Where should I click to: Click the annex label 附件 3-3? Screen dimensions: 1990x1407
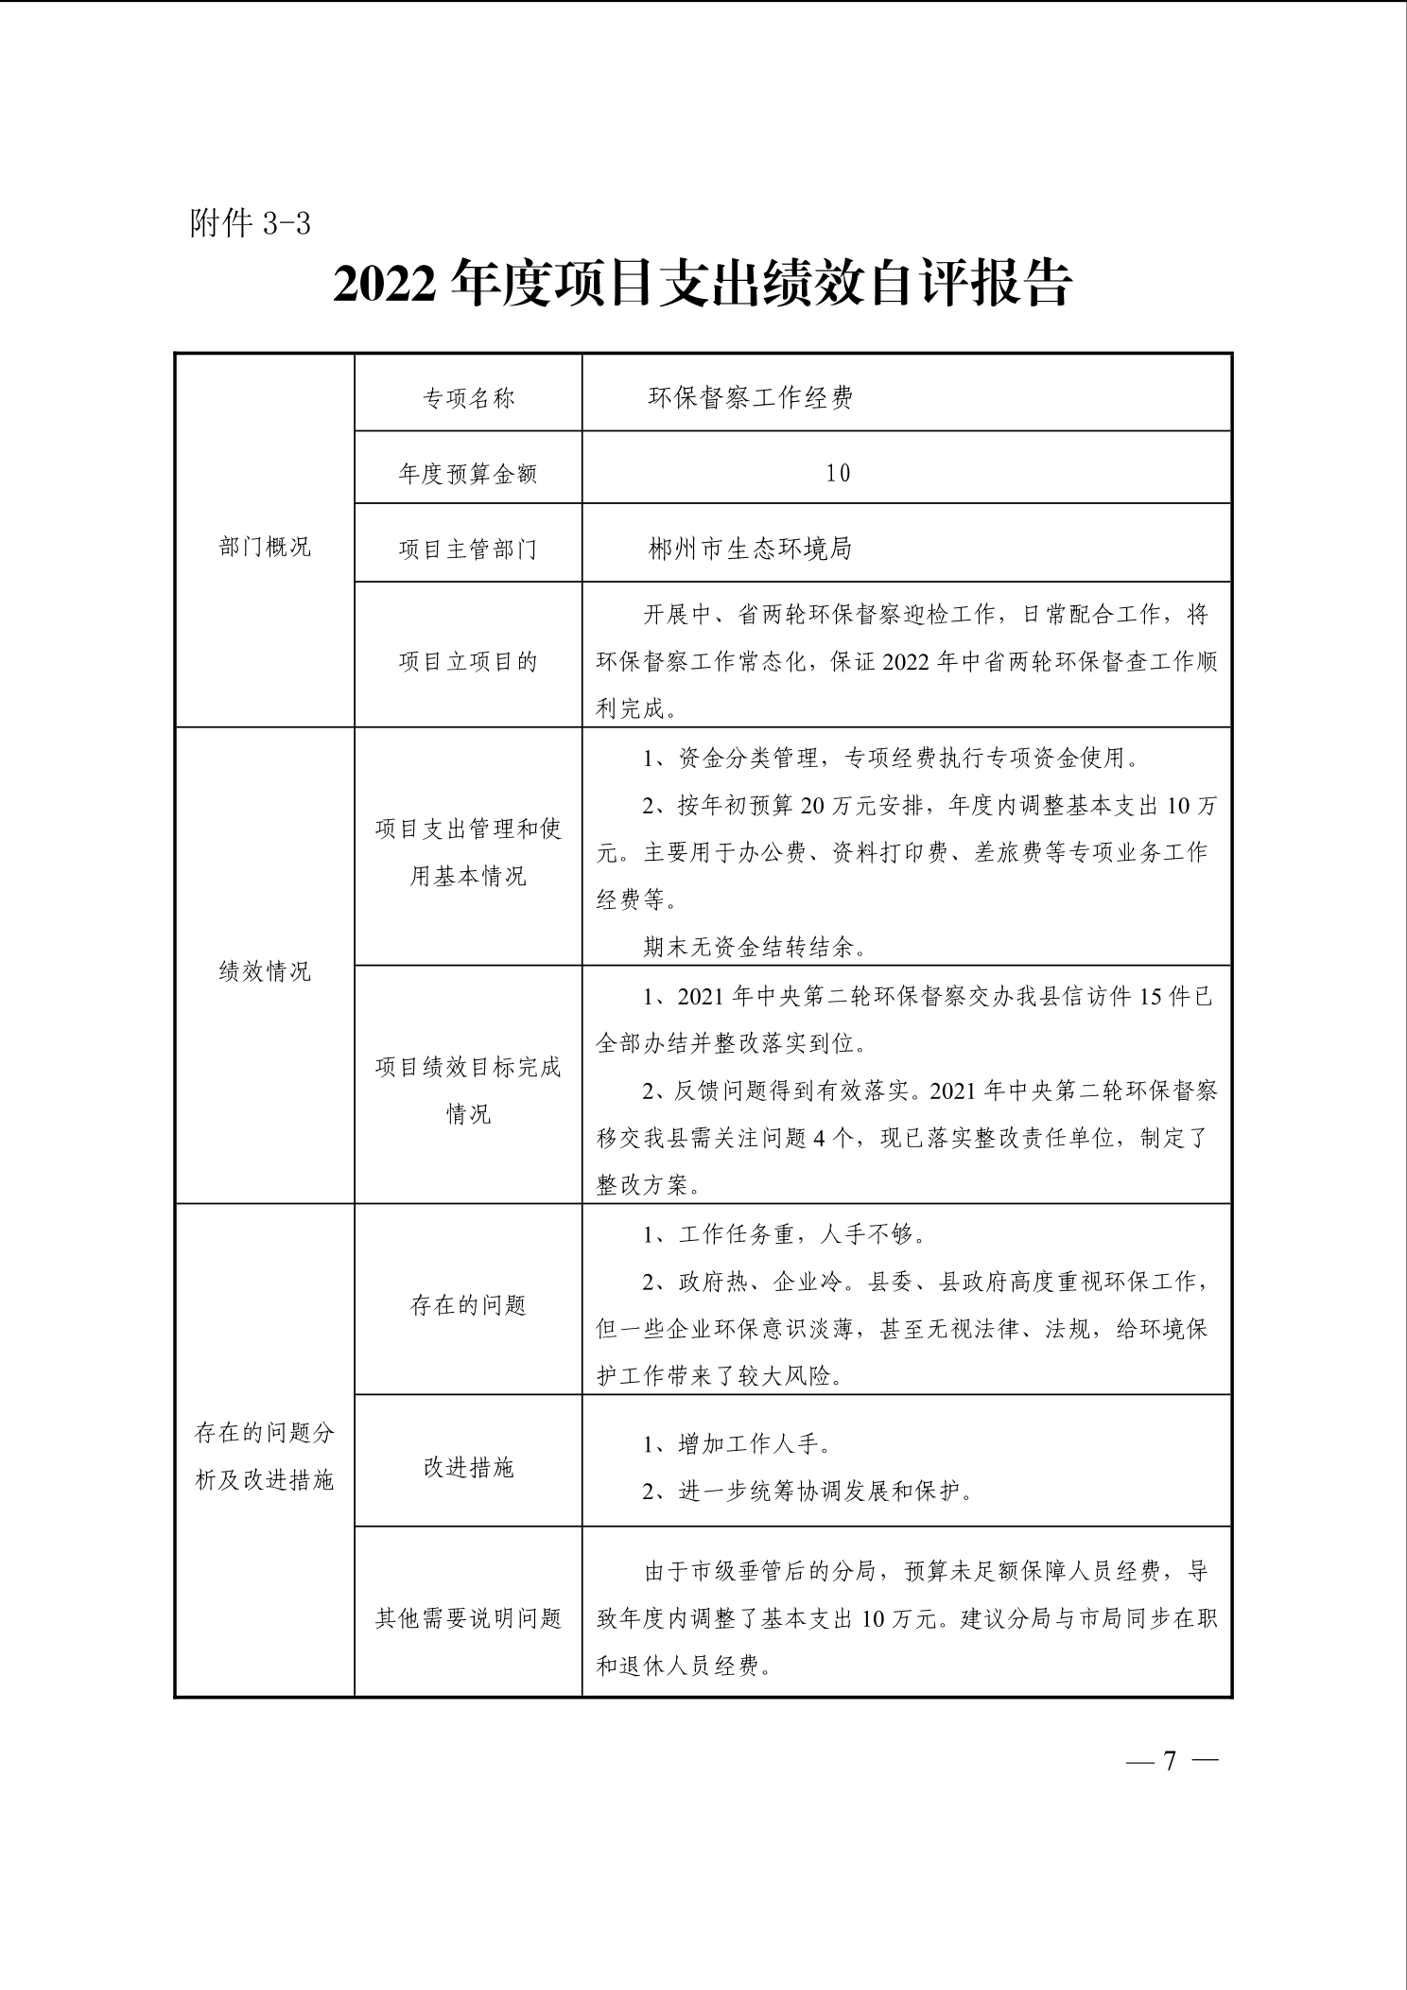(251, 224)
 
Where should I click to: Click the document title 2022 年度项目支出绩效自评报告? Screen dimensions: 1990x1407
(703, 283)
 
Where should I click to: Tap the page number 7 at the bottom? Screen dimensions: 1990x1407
(1169, 1760)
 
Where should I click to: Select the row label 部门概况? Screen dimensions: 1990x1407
(265, 547)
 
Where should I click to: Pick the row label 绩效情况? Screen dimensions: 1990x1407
(265, 971)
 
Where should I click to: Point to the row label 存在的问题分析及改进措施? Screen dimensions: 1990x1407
(265, 1457)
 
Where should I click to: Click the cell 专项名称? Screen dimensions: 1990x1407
(468, 398)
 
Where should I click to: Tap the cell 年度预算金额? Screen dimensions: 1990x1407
(468, 473)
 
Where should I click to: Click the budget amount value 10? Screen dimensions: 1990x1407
(838, 473)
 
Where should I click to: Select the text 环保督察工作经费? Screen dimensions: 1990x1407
(751, 398)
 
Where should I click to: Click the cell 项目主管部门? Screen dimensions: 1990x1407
(468, 549)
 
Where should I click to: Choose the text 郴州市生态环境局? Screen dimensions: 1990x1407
(751, 549)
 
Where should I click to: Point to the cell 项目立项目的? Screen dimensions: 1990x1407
(468, 661)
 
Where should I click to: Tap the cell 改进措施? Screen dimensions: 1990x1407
(468, 1468)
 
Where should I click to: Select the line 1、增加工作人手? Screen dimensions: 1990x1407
(738, 1444)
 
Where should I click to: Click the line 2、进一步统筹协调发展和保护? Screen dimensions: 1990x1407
(808, 1492)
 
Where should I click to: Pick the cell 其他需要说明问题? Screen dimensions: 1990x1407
(468, 1618)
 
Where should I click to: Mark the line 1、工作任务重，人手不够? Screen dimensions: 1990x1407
(784, 1234)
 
